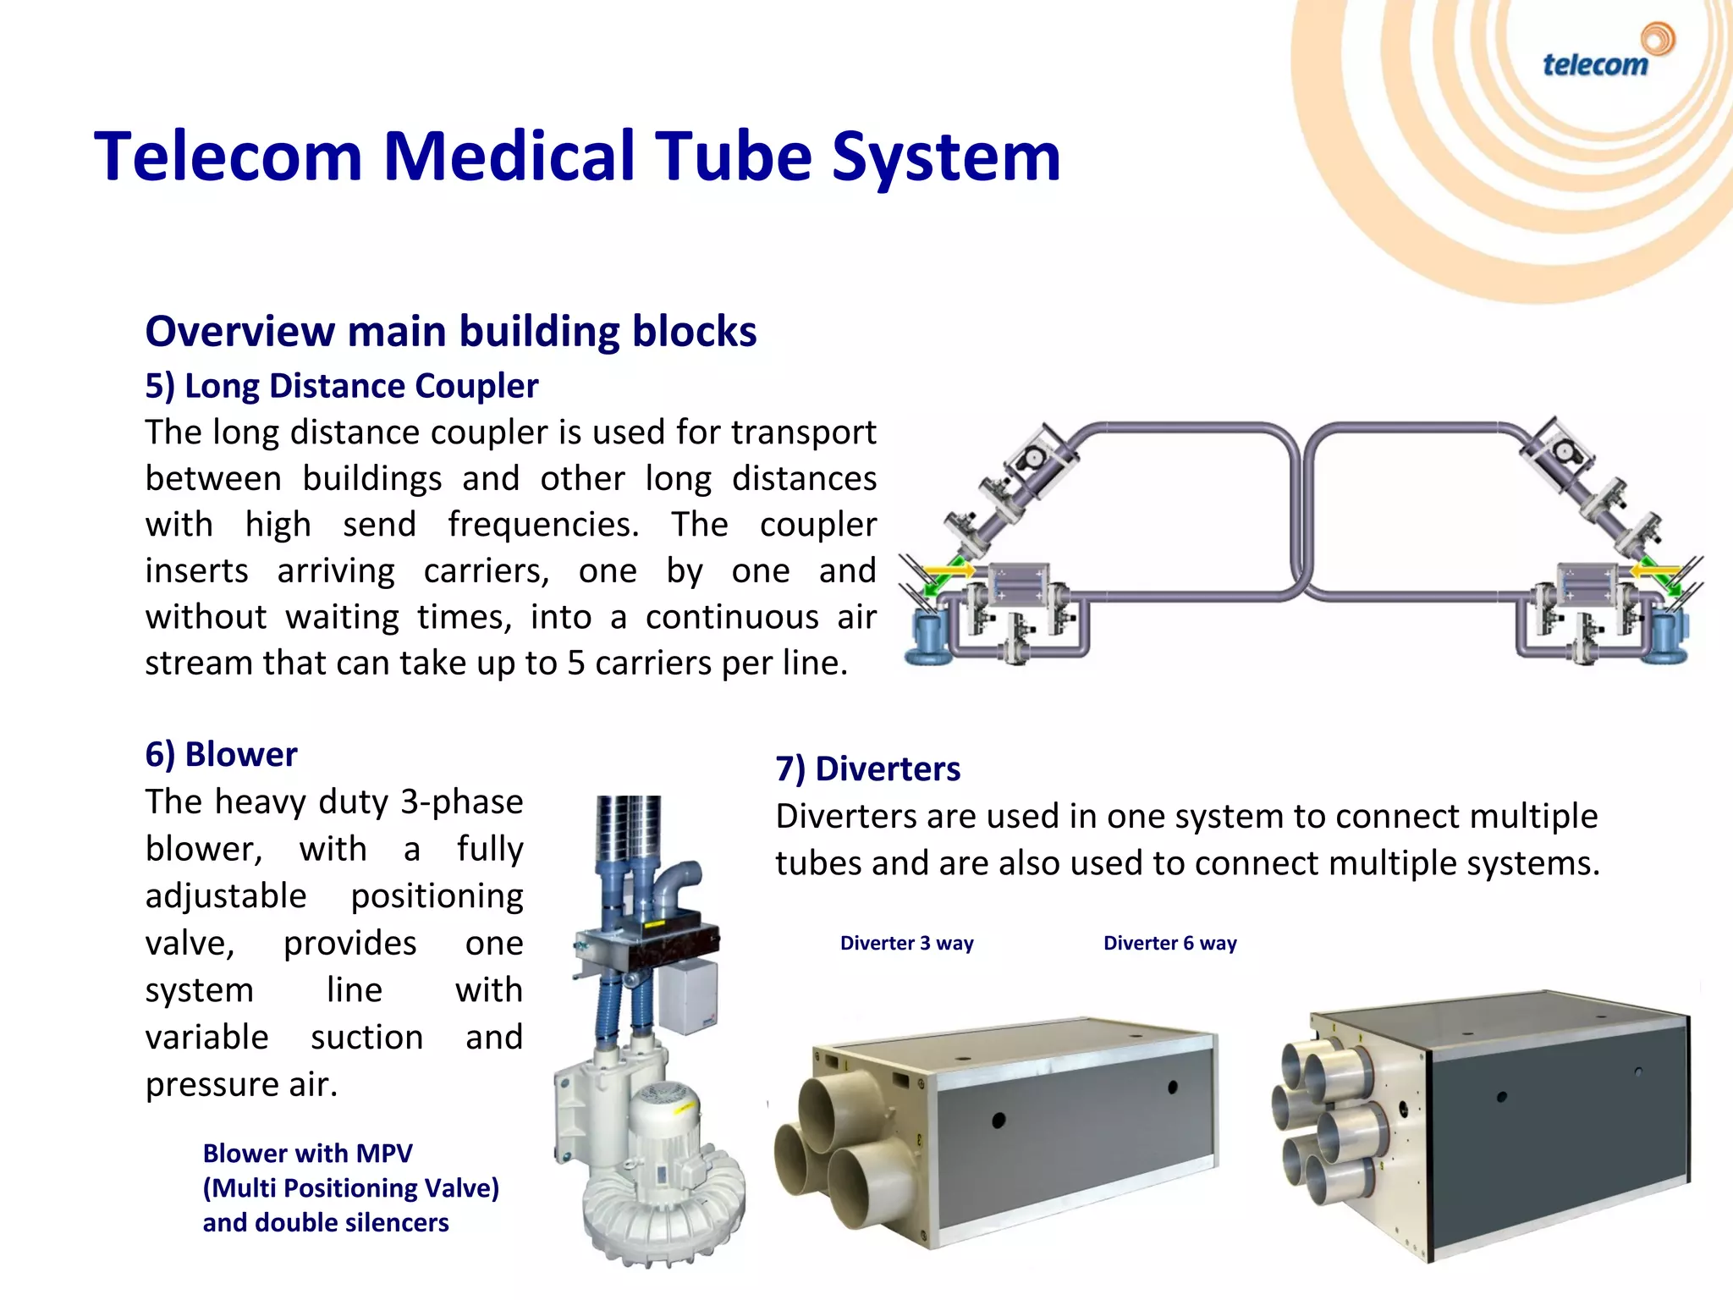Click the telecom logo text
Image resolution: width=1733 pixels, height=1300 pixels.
coord(1594,65)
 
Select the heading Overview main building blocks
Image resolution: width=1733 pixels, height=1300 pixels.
coord(450,331)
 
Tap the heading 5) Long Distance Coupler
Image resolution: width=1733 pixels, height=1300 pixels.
coord(341,386)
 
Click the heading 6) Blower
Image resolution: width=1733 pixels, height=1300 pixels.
coord(221,754)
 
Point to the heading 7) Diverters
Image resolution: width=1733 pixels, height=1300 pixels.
coord(867,768)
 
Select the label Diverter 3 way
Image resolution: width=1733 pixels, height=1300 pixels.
coord(906,943)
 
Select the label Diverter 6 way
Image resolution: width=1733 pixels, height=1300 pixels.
coord(1169,943)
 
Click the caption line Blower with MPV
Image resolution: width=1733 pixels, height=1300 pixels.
coord(307,1153)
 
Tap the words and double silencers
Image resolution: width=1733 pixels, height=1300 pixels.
coord(326,1222)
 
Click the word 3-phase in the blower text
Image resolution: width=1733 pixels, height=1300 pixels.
coord(462,801)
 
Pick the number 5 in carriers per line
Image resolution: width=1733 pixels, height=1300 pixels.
coord(575,663)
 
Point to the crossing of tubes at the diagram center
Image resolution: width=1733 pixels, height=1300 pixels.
coord(1301,584)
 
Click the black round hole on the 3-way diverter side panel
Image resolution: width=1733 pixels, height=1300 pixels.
coord(999,1120)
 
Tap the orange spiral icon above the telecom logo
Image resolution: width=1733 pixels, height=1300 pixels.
coord(1657,39)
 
